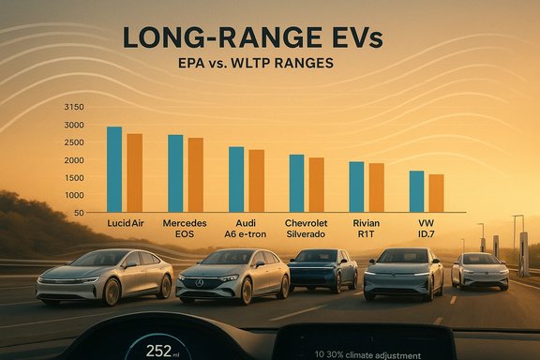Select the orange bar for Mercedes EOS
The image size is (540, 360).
tap(196, 174)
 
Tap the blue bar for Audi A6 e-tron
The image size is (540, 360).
tap(236, 179)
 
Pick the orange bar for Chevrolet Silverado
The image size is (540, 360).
tap(316, 184)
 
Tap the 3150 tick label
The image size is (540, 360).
tap(73, 108)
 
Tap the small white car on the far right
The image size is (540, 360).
tap(479, 271)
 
